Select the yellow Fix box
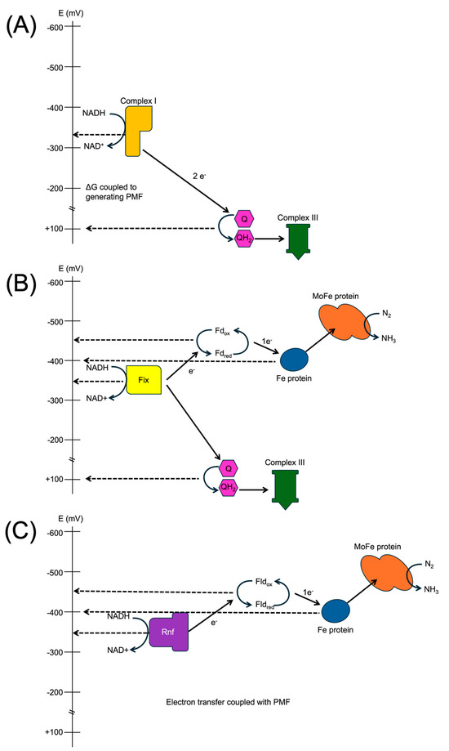[144, 380]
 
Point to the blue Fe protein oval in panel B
[294, 359]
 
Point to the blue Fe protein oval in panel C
[336, 610]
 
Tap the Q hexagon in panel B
[229, 468]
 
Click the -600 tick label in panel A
[55, 28]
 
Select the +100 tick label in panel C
[55, 730]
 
